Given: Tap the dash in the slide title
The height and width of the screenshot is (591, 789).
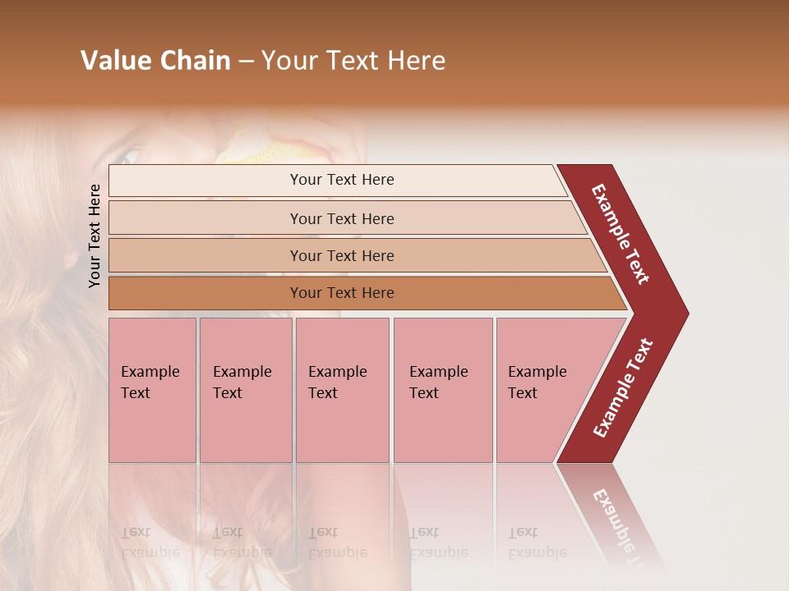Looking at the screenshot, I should tap(246, 62).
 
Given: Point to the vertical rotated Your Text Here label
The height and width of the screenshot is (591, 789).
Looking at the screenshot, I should tap(95, 236).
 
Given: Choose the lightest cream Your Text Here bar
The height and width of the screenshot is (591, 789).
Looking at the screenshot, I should tap(341, 180).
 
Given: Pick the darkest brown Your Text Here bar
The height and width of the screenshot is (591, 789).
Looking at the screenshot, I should tap(341, 293).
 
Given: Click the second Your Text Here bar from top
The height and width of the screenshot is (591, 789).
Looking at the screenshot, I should tap(341, 218).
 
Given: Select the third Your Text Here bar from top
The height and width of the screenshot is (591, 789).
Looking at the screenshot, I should tap(341, 255).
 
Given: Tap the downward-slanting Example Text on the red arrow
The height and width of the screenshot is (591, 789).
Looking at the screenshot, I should tap(621, 233).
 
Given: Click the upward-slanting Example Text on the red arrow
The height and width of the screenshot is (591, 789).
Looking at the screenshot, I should tap(623, 388).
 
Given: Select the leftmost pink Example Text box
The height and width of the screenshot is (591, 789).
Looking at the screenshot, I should tap(152, 390).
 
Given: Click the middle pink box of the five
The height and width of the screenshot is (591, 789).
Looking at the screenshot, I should tap(342, 390).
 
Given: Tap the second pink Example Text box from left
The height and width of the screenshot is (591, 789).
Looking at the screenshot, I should tap(246, 390).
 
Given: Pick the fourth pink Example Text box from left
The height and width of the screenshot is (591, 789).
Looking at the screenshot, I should tap(443, 390).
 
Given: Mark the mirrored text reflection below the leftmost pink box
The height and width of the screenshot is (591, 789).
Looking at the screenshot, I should tap(149, 543).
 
